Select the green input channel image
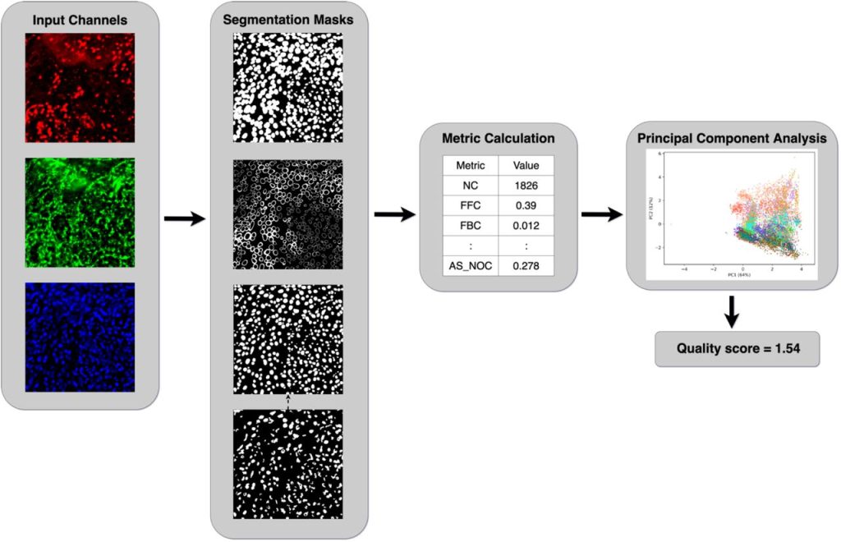coord(79,212)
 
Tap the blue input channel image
coord(79,337)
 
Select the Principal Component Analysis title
coord(731,138)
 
